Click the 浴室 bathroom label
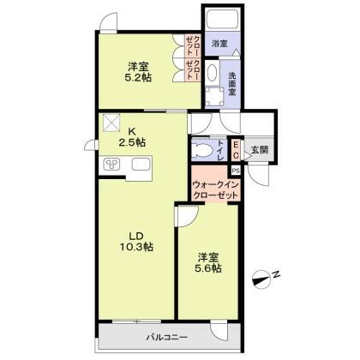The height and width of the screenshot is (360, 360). click(x=219, y=44)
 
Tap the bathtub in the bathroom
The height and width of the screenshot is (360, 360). click(x=223, y=19)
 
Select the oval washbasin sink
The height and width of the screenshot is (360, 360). click(x=213, y=72)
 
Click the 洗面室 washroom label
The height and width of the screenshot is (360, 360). click(x=232, y=83)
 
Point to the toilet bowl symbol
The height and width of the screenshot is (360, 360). click(x=201, y=149)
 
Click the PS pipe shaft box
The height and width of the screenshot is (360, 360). click(x=236, y=171)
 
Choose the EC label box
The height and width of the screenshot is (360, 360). click(x=236, y=150)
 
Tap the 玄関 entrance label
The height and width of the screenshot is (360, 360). click(x=260, y=150)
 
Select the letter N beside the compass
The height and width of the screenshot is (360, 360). click(x=275, y=274)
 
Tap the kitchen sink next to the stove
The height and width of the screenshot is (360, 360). click(x=141, y=165)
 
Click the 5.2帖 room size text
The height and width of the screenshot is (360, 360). click(x=138, y=78)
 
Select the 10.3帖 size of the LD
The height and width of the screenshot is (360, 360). click(x=136, y=247)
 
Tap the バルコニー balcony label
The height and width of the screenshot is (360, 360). click(x=167, y=338)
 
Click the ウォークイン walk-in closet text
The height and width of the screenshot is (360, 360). click(x=215, y=184)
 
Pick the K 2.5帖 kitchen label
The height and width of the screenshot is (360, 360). click(x=132, y=136)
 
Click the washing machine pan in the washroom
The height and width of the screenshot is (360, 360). click(x=214, y=96)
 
